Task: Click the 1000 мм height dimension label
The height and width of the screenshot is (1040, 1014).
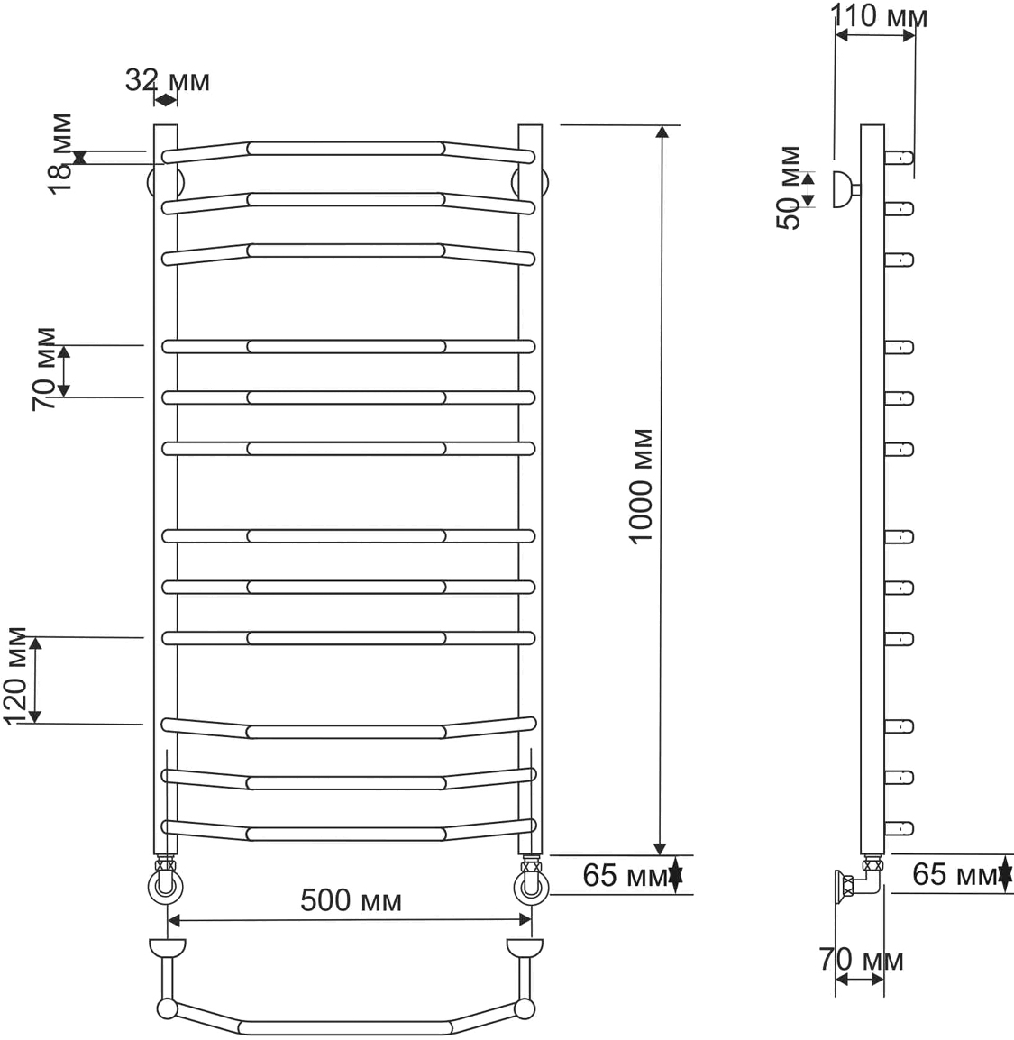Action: (x=641, y=486)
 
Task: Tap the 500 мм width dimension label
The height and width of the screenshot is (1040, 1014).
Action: (x=351, y=900)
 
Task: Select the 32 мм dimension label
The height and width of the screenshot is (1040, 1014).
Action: (x=168, y=80)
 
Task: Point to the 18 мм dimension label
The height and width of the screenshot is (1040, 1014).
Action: (x=60, y=154)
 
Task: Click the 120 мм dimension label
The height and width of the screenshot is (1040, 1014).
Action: (x=16, y=676)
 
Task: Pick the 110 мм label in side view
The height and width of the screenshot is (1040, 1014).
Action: (x=879, y=16)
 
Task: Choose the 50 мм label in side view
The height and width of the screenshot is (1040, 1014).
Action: (x=789, y=187)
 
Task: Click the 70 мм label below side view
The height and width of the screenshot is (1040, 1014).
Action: (x=861, y=959)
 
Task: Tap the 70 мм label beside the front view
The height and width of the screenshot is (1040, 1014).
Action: (x=45, y=369)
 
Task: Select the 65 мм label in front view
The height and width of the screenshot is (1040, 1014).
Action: (x=626, y=875)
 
